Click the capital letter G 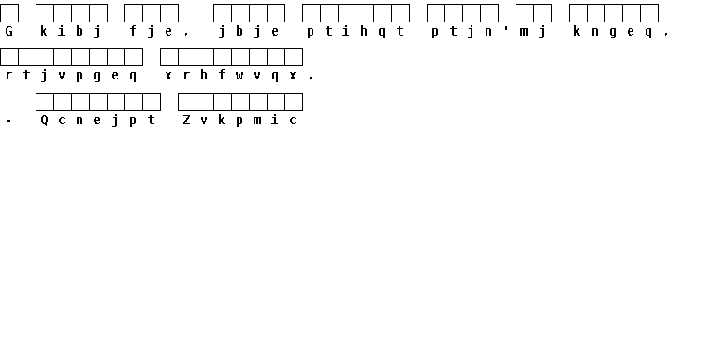coord(9,31)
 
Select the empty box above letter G coord(9,13)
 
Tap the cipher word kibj coord(71,32)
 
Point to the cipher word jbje coord(249,32)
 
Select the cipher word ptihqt coord(356,32)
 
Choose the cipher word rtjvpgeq coord(71,76)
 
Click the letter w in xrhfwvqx coord(240,76)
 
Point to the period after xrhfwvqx coord(311,79)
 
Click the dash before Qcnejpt coord(9,121)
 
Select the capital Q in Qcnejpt coord(45,121)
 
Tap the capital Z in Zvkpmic coord(186,121)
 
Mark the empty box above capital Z coord(186,102)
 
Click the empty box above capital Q coord(45,102)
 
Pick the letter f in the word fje coord(133,31)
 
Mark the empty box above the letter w coord(240,57)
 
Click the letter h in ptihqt coord(364,31)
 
